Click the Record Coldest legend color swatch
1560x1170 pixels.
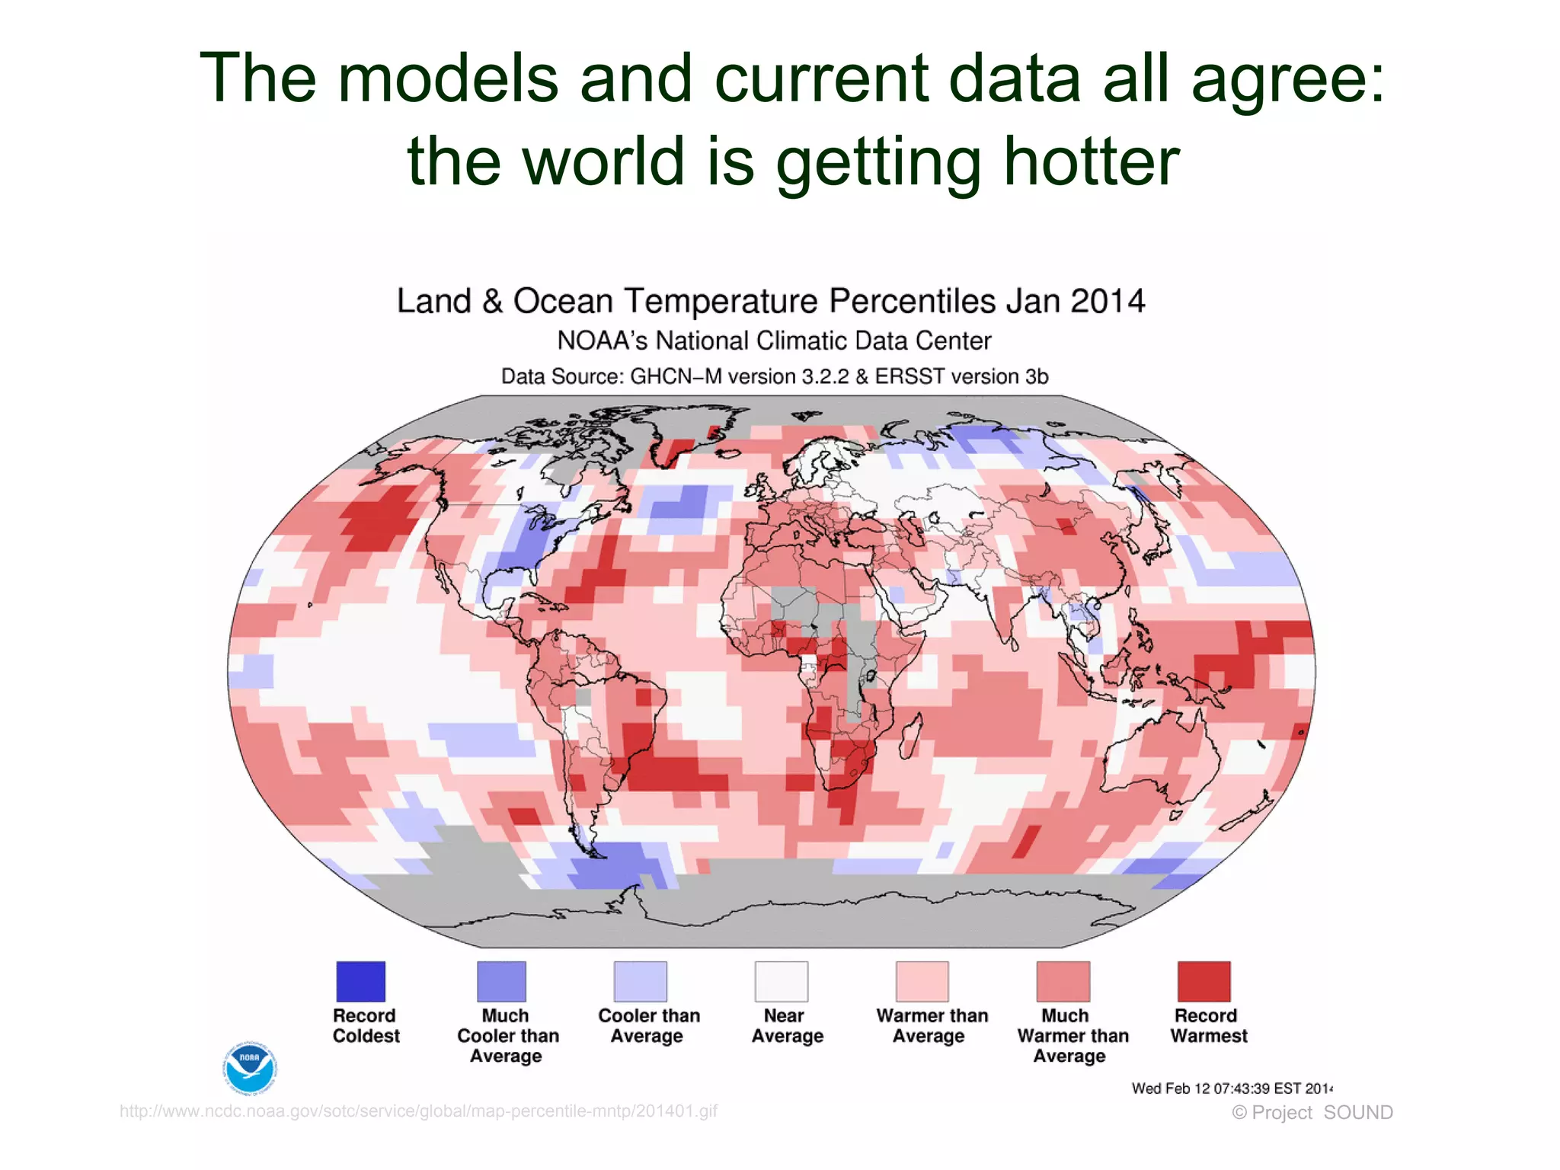point(360,981)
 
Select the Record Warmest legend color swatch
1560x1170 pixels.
point(1204,981)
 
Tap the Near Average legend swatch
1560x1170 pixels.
point(781,981)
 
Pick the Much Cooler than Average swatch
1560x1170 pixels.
point(501,981)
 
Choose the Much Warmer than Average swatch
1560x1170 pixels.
point(1063,981)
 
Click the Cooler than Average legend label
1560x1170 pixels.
point(648,1025)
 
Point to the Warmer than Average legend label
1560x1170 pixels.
point(932,1025)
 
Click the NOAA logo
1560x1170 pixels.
point(250,1067)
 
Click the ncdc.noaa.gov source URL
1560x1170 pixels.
point(418,1111)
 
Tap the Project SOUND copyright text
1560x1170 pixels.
point(1312,1113)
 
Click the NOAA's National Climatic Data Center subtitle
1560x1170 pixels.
point(774,340)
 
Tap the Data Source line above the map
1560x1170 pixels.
point(774,376)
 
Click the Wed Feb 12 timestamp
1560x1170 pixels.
point(1231,1088)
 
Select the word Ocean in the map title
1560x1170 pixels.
point(563,301)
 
